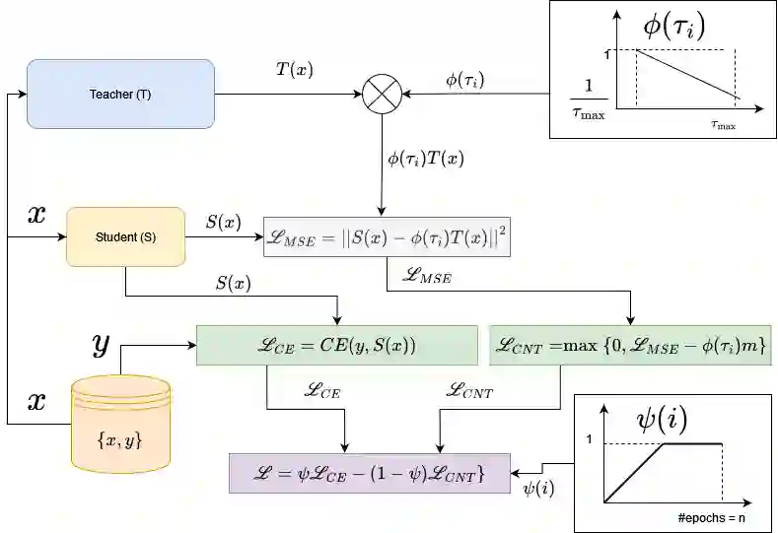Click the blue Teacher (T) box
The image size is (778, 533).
coord(120,94)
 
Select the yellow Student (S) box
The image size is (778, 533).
coord(125,236)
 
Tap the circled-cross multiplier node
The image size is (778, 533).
coord(381,95)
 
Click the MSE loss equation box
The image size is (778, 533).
coord(387,236)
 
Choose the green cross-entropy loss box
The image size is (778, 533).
coord(336,345)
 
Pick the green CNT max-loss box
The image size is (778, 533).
coord(629,345)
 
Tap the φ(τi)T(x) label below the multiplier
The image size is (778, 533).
coord(426,157)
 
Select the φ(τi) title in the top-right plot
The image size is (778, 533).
coord(674,24)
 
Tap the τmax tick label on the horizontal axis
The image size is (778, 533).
coord(723,126)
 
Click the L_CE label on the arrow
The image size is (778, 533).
coord(320,392)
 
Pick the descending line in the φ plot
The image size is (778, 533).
coord(687,75)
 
